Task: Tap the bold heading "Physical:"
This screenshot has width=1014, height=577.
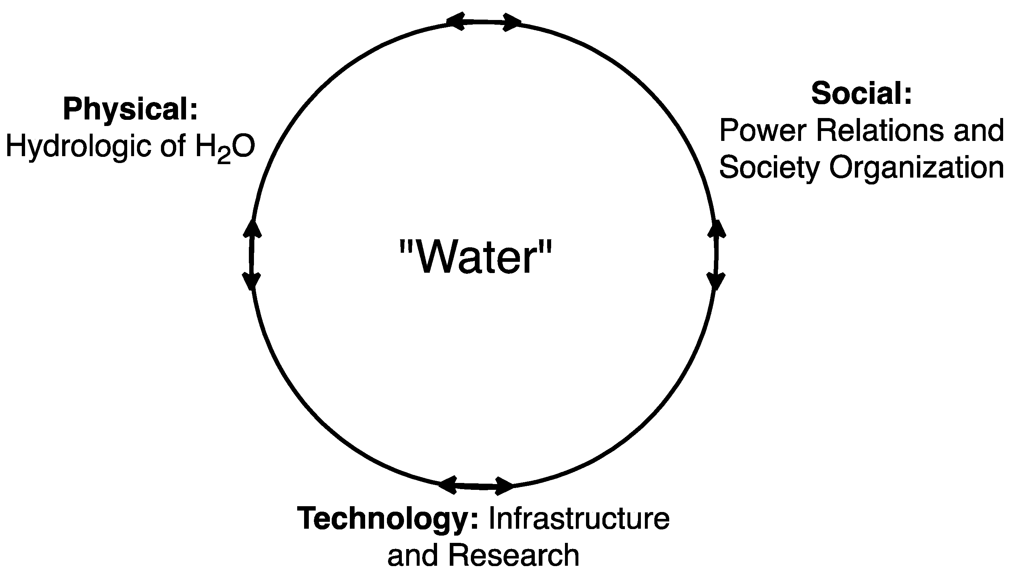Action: (130, 109)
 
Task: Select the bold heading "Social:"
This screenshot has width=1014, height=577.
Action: (861, 94)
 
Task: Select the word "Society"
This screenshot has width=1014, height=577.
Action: (769, 168)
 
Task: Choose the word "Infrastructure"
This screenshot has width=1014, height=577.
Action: (579, 518)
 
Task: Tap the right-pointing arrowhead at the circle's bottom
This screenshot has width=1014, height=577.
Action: (504, 486)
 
